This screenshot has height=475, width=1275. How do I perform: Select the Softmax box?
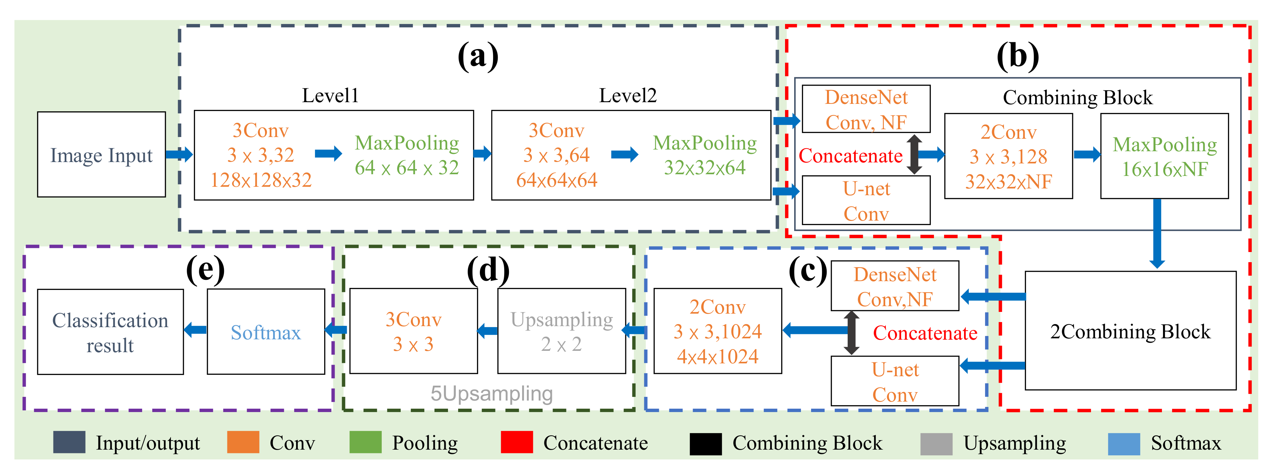[x=266, y=332]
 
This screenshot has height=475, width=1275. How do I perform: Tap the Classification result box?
[x=110, y=332]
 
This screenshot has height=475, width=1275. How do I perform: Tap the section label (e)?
[x=205, y=270]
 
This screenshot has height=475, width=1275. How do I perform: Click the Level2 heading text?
[x=628, y=95]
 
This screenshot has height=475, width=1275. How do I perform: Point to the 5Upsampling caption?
[x=491, y=394]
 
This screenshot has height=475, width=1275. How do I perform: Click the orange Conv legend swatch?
[x=243, y=442]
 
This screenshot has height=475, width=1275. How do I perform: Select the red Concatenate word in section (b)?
[x=850, y=156]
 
